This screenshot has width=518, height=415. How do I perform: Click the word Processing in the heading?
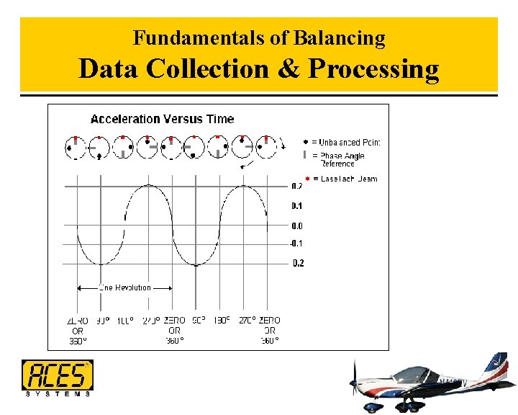[x=373, y=70]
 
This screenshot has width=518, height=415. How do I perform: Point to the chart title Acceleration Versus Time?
[x=162, y=119]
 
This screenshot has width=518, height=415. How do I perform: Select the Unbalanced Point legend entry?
[x=342, y=142]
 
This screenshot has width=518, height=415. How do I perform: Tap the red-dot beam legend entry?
[x=342, y=178]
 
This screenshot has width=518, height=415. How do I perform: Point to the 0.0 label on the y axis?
[x=297, y=226]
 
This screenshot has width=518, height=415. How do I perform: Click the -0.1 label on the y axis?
[x=296, y=244]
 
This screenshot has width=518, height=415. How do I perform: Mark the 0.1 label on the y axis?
[x=297, y=206]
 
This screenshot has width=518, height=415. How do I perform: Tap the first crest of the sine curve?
[x=149, y=185]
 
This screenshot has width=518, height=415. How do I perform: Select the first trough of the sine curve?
[x=100, y=263]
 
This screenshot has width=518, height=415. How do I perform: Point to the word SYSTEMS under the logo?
[x=57, y=393]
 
